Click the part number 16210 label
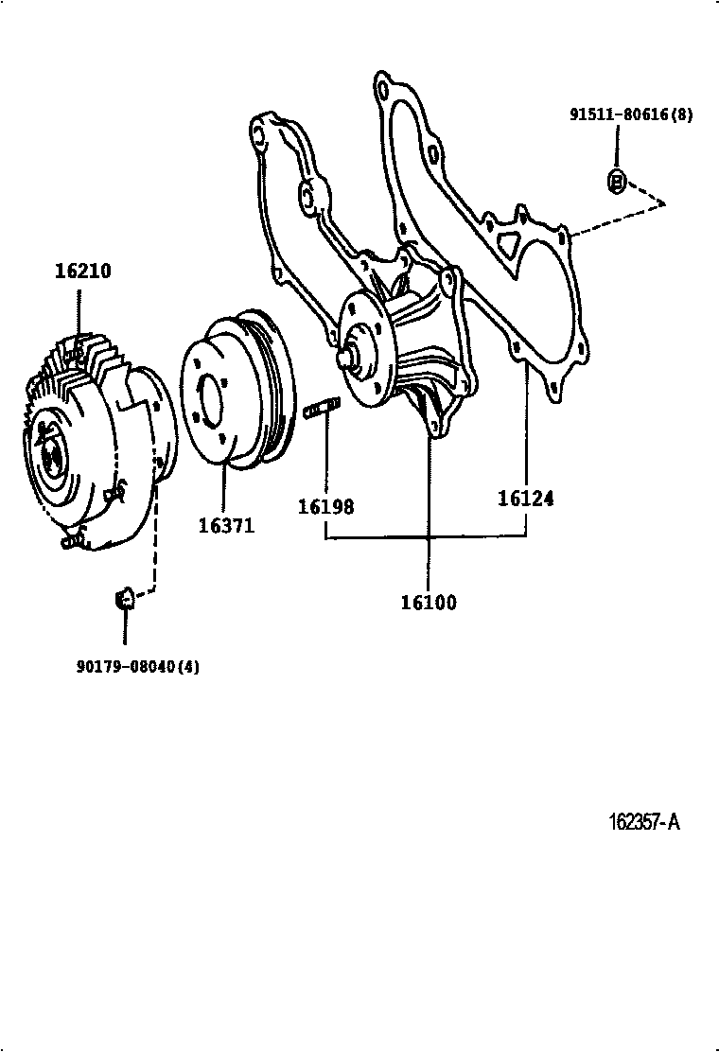(83, 271)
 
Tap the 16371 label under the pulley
(227, 525)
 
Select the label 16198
(325, 506)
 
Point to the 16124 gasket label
(526, 499)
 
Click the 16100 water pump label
(429, 603)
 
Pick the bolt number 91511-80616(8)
(631, 114)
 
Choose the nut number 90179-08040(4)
(137, 666)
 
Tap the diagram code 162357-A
(644, 822)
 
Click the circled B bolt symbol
(617, 181)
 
